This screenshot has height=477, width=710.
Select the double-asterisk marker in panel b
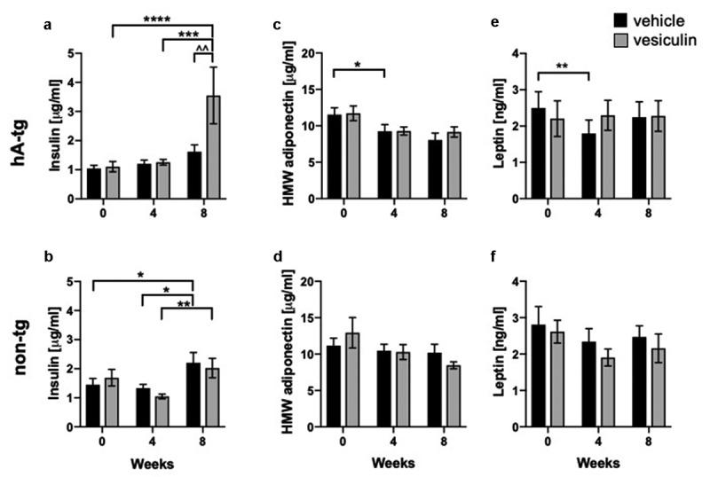(187, 304)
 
